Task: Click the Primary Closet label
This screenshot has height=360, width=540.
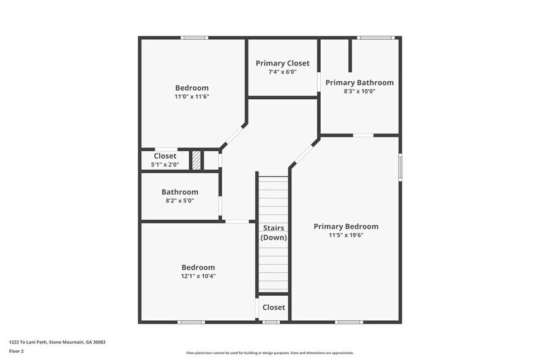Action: (x=282, y=64)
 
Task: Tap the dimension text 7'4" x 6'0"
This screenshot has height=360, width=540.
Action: (x=282, y=72)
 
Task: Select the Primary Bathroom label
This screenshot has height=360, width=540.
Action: (x=359, y=83)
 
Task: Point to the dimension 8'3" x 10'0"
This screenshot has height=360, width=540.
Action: (x=359, y=91)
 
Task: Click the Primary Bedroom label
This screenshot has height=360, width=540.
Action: (x=346, y=227)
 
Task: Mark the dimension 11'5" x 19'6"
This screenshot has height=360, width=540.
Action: (x=346, y=235)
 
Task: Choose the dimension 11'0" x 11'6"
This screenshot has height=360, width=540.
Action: (x=192, y=97)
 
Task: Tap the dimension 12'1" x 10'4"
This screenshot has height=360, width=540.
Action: (x=198, y=276)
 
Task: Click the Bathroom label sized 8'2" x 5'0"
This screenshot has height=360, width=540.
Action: (x=180, y=192)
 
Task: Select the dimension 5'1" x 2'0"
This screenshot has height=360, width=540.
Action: (x=165, y=165)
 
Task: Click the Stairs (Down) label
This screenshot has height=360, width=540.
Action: (x=274, y=233)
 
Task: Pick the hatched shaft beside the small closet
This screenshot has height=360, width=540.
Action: (x=197, y=160)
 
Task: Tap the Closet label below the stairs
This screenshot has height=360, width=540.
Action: (x=274, y=307)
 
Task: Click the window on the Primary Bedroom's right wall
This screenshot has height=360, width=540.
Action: (x=400, y=167)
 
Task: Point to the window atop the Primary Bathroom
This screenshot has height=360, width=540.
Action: (x=375, y=38)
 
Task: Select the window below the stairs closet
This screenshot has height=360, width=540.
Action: (x=271, y=322)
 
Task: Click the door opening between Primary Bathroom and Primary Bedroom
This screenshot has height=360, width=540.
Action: (x=363, y=135)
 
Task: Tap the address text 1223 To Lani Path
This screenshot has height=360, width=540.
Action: (x=27, y=342)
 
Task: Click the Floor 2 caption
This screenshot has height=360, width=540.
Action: (x=16, y=351)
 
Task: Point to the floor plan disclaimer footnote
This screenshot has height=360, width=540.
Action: (x=269, y=353)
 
